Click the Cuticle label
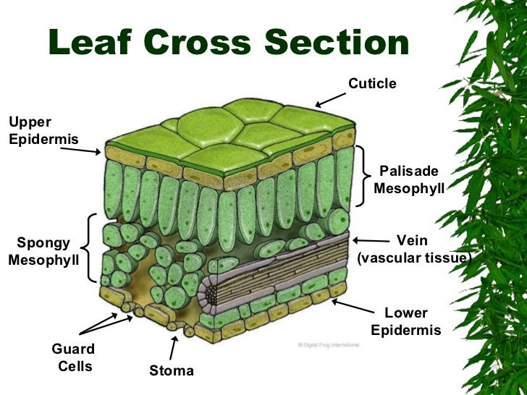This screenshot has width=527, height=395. pos(372,84)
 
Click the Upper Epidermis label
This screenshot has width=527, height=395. pos(33,130)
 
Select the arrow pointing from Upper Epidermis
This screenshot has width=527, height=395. pos(80,148)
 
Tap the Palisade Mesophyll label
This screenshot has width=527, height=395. pos(409,179)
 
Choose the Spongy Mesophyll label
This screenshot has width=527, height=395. pos(43,251)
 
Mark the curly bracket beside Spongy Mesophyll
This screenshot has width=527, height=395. pos(90,247)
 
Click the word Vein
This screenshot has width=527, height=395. pos(413,241)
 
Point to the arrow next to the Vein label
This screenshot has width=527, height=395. pos(370,241)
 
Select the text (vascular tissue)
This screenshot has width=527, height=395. pos(414,258)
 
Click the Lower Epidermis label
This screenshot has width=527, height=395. pos(406,322)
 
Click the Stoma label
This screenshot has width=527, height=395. pos(172,371)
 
